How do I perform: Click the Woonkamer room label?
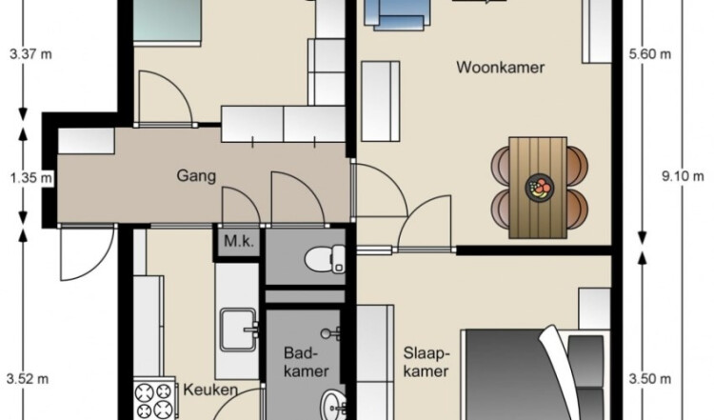click(500, 68)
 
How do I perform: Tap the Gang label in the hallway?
click(196, 176)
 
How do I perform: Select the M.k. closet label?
click(239, 241)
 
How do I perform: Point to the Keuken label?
click(210, 390)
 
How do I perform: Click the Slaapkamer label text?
click(426, 362)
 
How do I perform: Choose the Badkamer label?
click(306, 362)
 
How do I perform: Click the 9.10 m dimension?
click(683, 176)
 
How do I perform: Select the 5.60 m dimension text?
click(650, 54)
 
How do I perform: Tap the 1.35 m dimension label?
click(31, 177)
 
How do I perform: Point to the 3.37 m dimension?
click(30, 54)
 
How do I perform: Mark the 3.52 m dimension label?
click(28, 378)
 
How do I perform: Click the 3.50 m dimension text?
click(650, 378)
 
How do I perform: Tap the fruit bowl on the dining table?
click(540, 188)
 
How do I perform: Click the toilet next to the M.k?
click(326, 259)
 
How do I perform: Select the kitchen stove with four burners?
click(155, 398)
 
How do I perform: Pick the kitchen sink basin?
click(239, 330)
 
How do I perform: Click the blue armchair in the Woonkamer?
click(399, 15)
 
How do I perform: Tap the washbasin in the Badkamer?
click(333, 405)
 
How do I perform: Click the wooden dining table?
click(538, 188)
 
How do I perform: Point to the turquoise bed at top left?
click(168, 21)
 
